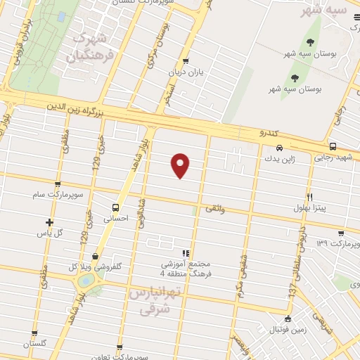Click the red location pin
click(x=181, y=164)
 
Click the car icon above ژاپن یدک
click(x=280, y=148)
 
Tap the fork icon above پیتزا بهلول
click(x=309, y=198)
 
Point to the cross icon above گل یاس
click(x=49, y=221)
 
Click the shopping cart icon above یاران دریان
click(x=186, y=61)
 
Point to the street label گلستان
click(x=34, y=343)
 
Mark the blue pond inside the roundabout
click(x=85, y=281)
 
